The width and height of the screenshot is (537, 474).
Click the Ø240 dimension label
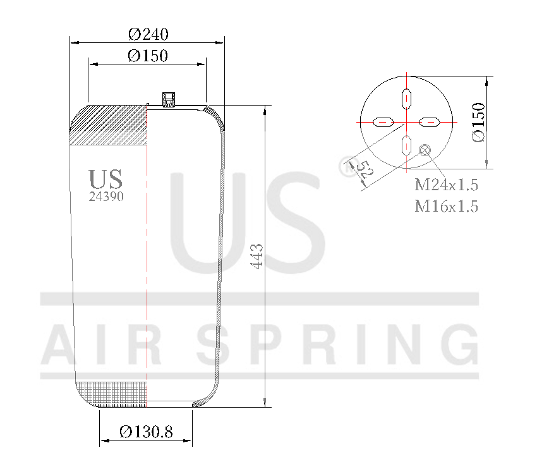click(147, 34)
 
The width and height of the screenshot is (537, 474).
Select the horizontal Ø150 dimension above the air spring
click(147, 56)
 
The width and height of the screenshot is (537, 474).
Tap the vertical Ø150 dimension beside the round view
click(478, 122)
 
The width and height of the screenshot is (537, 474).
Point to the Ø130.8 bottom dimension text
click(146, 432)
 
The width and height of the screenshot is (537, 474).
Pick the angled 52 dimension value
click(361, 171)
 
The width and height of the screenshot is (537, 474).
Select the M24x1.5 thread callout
click(446, 185)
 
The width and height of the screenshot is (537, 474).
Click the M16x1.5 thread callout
click(446, 205)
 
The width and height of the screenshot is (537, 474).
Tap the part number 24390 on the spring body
click(106, 197)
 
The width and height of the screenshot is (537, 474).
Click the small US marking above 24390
click(106, 179)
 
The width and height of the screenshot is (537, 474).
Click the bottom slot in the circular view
click(407, 144)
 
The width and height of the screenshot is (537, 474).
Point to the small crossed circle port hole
click(425, 150)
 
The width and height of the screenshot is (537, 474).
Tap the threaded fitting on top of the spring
click(169, 99)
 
